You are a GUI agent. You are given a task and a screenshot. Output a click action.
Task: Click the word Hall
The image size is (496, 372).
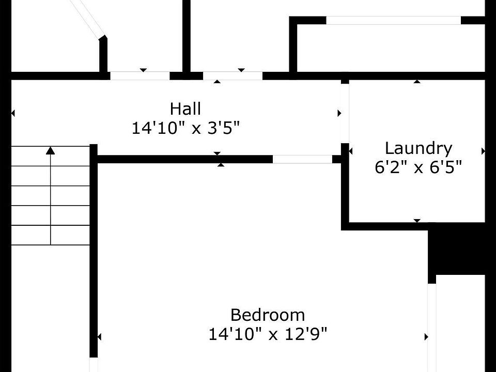pos(185,109)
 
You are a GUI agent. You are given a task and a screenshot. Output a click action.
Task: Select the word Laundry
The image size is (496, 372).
pos(419,149)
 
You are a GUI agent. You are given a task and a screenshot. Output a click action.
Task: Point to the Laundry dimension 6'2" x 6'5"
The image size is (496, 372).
pos(419,167)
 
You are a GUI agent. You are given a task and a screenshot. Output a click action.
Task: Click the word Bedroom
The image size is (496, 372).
pos(268,315)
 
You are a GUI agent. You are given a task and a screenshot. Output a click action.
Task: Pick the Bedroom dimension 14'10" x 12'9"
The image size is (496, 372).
pos(268,334)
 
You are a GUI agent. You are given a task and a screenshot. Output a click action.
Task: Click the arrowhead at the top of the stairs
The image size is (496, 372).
pos(51,150)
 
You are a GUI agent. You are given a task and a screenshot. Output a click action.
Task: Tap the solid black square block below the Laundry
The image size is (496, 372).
pos(457,253)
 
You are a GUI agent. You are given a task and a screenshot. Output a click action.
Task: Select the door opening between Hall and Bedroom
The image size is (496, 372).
pos(302,159)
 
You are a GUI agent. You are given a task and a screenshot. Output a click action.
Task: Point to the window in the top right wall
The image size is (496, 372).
pos(393,20)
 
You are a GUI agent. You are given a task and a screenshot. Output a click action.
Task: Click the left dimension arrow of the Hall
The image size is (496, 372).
pos(13,113)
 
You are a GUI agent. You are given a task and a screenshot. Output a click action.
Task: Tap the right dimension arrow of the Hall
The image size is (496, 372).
pos(339,113)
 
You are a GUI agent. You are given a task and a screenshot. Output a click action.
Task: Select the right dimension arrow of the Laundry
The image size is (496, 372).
pos(483,151)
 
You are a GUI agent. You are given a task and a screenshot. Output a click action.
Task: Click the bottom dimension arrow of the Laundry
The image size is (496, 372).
pos(417,221)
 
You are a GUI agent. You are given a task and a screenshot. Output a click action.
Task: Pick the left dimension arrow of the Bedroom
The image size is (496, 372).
pos(100,337)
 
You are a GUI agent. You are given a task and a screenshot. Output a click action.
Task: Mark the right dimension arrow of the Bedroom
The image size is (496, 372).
pos(426,337)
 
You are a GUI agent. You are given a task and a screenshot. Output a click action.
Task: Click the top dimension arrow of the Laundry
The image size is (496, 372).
pos(417,81)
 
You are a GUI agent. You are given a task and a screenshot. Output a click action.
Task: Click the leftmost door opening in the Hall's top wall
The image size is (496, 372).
pos(139,75)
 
